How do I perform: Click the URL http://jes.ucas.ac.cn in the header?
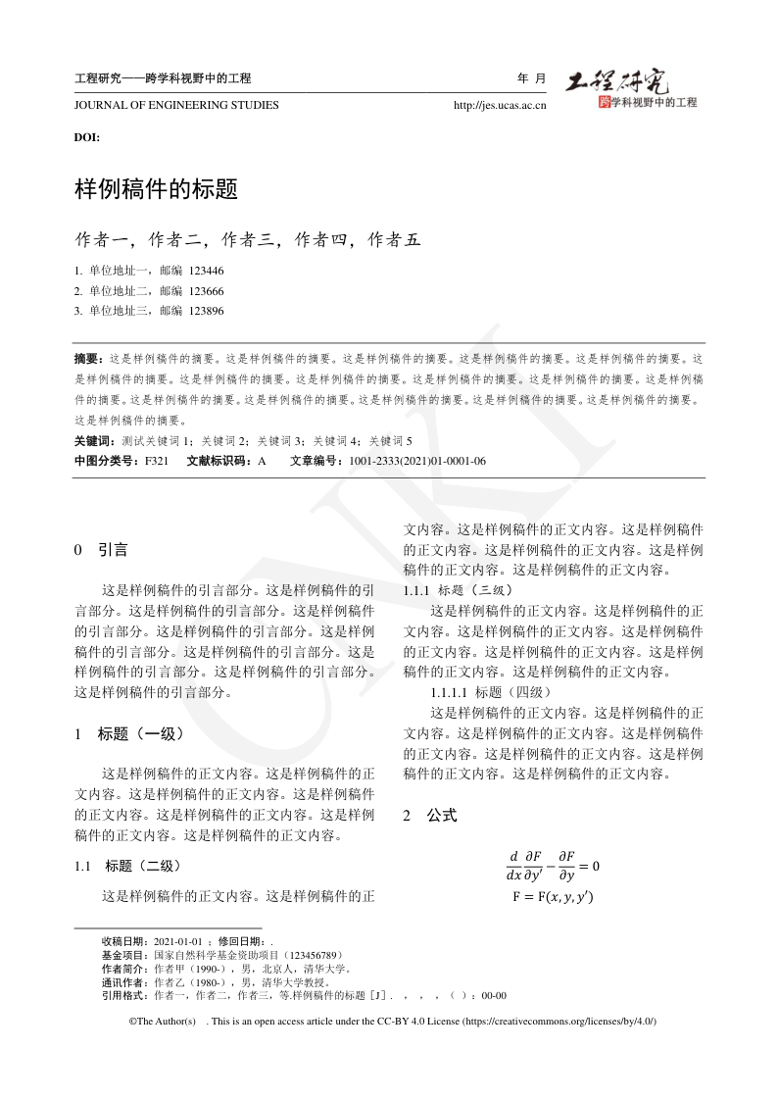(x=500, y=106)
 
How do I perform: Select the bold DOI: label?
(x=87, y=137)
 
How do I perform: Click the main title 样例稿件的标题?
(x=157, y=189)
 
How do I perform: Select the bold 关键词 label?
(x=93, y=441)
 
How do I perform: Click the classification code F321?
(x=157, y=461)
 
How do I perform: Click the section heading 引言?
(x=112, y=550)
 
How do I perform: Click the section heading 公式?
(x=441, y=815)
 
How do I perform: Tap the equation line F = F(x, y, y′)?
(x=553, y=897)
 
